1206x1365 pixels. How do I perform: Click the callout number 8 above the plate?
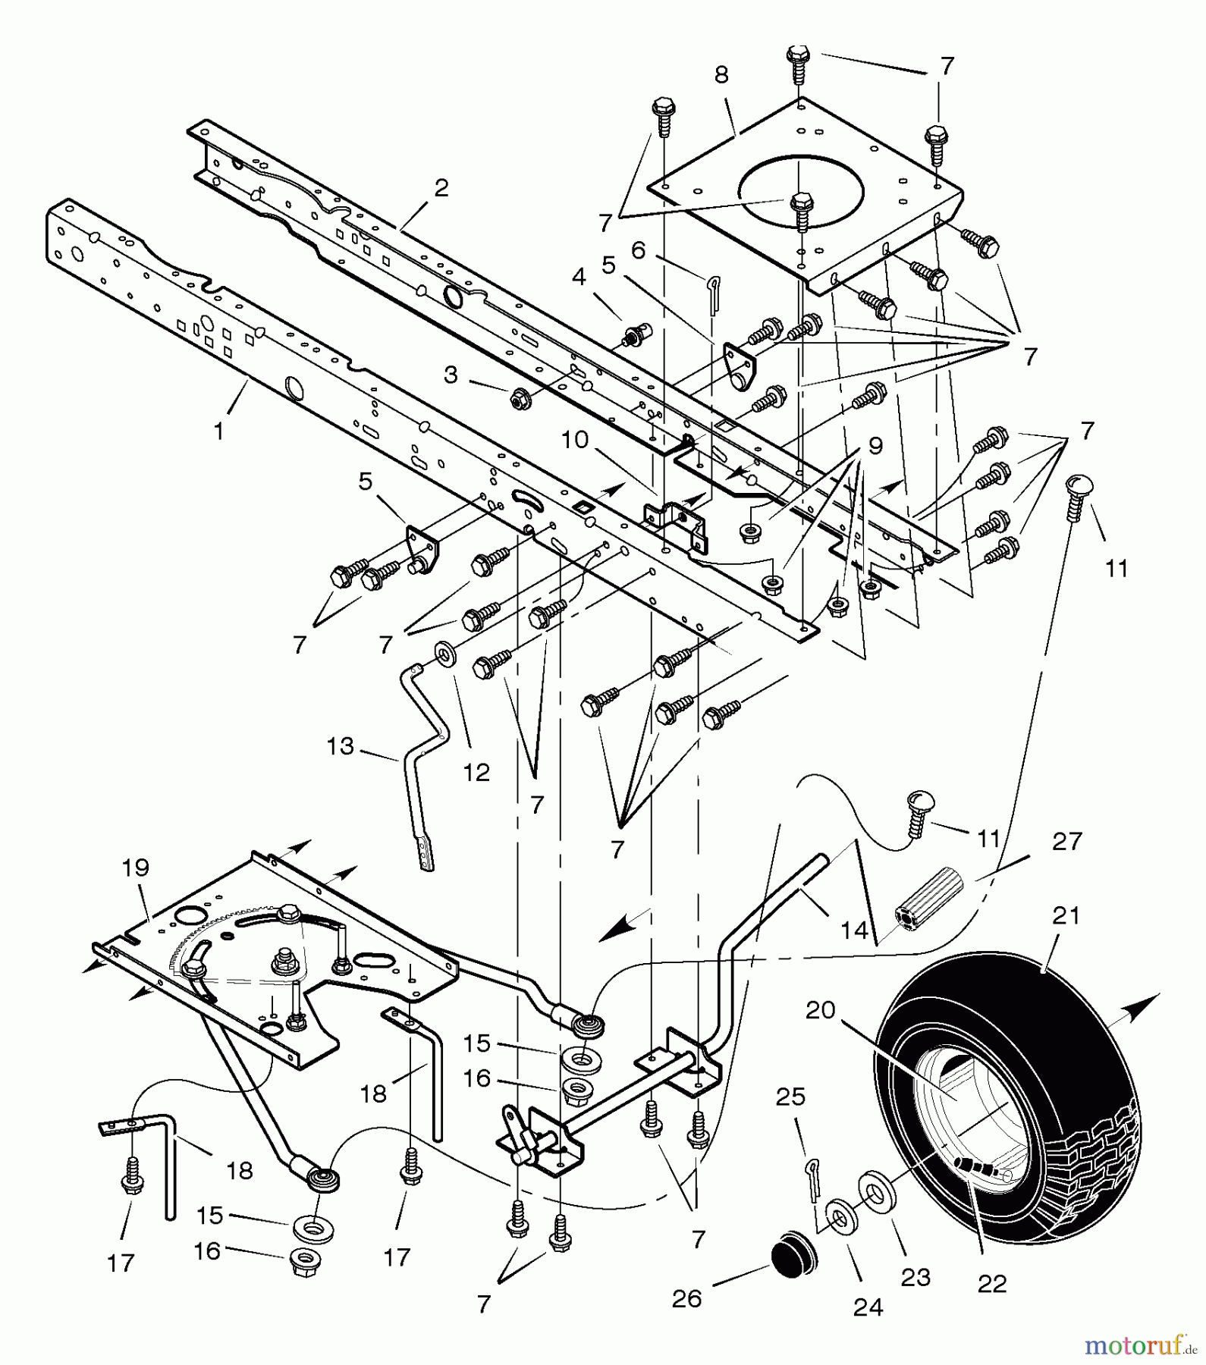[x=721, y=74]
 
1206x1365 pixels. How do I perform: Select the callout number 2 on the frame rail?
[x=441, y=187]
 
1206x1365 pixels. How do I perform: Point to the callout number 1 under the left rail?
[x=219, y=431]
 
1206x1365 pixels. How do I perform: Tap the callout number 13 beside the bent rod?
[x=341, y=746]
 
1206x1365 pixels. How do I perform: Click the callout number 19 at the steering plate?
[x=136, y=868]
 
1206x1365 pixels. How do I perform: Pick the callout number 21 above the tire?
[x=1066, y=916]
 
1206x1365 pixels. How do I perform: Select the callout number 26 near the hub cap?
[x=687, y=1299]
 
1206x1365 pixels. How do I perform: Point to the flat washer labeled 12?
[x=442, y=653]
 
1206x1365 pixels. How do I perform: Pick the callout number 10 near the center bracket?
[x=576, y=439]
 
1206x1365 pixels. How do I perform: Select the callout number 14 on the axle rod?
[x=855, y=930]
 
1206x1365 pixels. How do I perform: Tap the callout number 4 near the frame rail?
[x=579, y=277]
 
